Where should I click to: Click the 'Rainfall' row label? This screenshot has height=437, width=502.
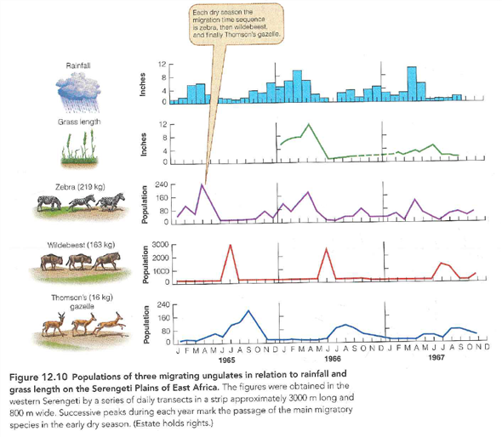click(80, 65)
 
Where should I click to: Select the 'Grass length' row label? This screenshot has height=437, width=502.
click(80, 122)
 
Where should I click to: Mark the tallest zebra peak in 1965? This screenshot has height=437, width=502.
click(203, 184)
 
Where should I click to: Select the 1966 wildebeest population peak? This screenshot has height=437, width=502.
click(327, 248)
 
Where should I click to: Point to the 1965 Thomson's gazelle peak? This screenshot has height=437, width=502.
click(248, 311)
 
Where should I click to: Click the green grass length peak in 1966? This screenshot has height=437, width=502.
click(308, 125)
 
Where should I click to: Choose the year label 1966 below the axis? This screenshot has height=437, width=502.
click(333, 359)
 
